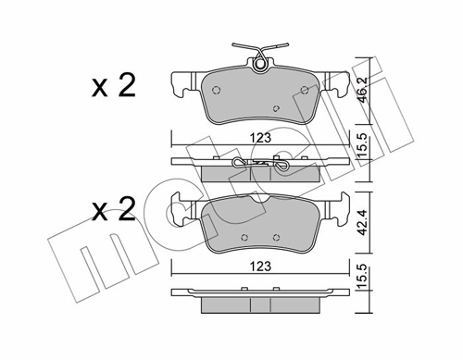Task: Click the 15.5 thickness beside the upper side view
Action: (x=367, y=148)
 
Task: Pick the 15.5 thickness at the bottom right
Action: (x=367, y=280)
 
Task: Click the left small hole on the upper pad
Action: (x=217, y=91)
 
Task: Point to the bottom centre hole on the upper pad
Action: (x=274, y=109)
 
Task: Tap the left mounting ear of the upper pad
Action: (x=181, y=84)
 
